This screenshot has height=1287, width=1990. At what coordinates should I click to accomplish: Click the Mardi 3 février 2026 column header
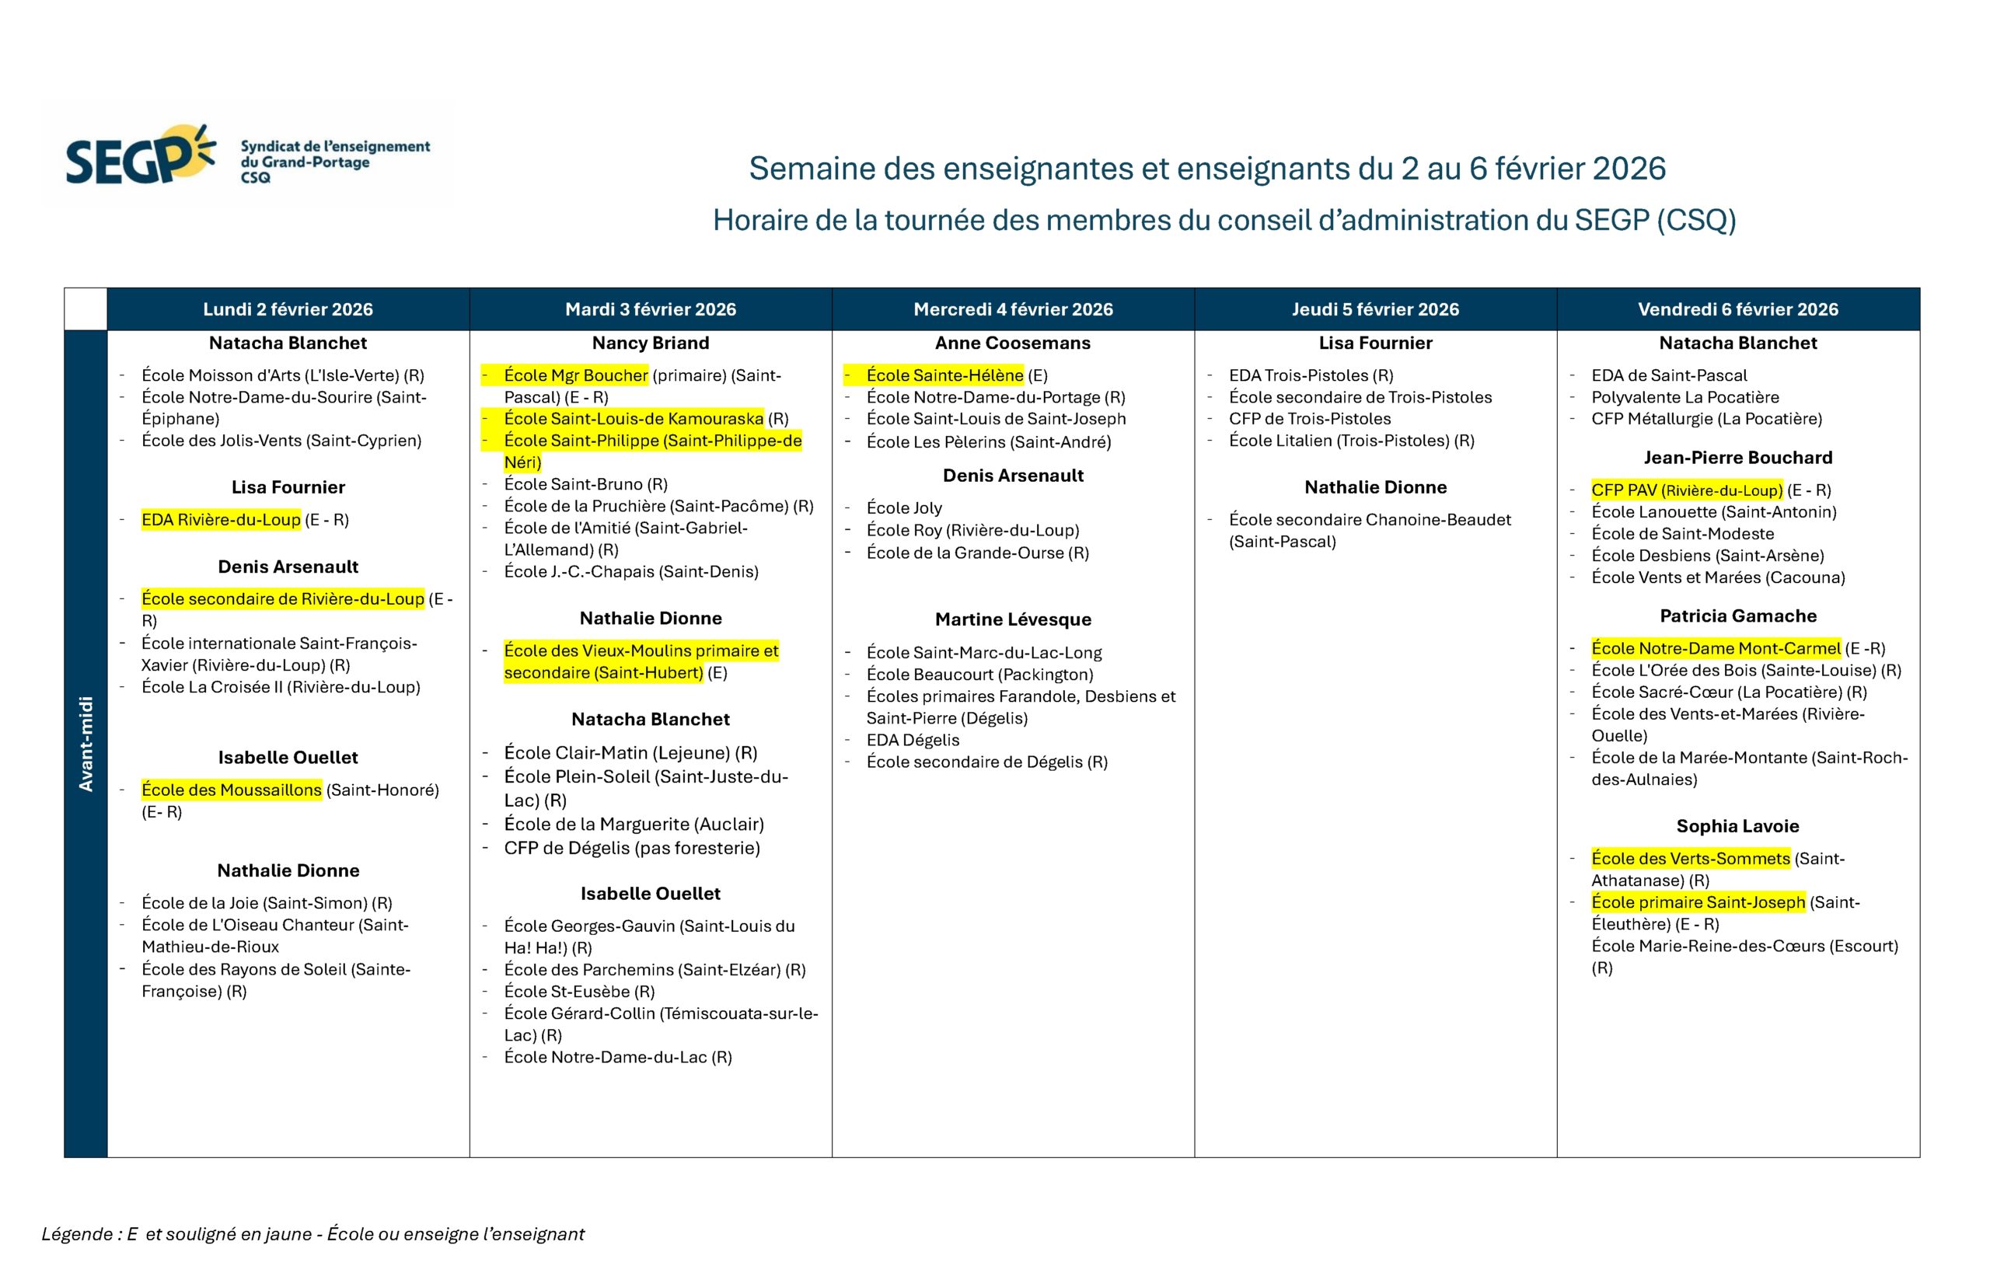pos(650,309)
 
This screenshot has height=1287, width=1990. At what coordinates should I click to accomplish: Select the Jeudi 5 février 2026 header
pos(1375,309)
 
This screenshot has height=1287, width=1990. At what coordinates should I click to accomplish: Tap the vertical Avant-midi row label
pos(86,743)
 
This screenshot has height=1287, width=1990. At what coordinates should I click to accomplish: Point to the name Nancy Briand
pos(650,343)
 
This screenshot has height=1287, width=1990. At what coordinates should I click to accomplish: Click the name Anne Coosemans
pos(1012,343)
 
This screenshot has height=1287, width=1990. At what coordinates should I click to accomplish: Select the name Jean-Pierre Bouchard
pos(1737,457)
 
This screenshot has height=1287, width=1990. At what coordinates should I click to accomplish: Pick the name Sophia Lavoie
pos(1737,825)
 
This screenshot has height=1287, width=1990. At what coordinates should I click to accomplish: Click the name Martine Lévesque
pos(1012,619)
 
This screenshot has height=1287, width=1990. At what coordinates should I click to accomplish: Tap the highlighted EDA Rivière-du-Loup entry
pos(221,520)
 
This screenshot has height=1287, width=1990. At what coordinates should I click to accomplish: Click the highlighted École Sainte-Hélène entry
pos(944,375)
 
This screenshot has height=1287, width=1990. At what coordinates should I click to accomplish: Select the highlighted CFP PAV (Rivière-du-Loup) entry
pos(1686,490)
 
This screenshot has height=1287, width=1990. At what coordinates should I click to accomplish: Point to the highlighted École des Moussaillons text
pos(232,790)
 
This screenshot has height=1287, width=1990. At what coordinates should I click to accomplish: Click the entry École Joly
pos(903,507)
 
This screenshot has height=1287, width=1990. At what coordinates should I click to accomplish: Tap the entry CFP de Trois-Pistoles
pos(1309,419)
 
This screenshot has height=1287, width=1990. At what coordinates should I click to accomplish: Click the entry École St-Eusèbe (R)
pos(579,991)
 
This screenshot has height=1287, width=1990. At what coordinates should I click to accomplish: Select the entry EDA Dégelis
pos(913,740)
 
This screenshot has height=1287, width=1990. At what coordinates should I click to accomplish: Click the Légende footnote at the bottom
pos(312,1233)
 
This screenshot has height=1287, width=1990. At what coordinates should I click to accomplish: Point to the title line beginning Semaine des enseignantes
pos(1206,168)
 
